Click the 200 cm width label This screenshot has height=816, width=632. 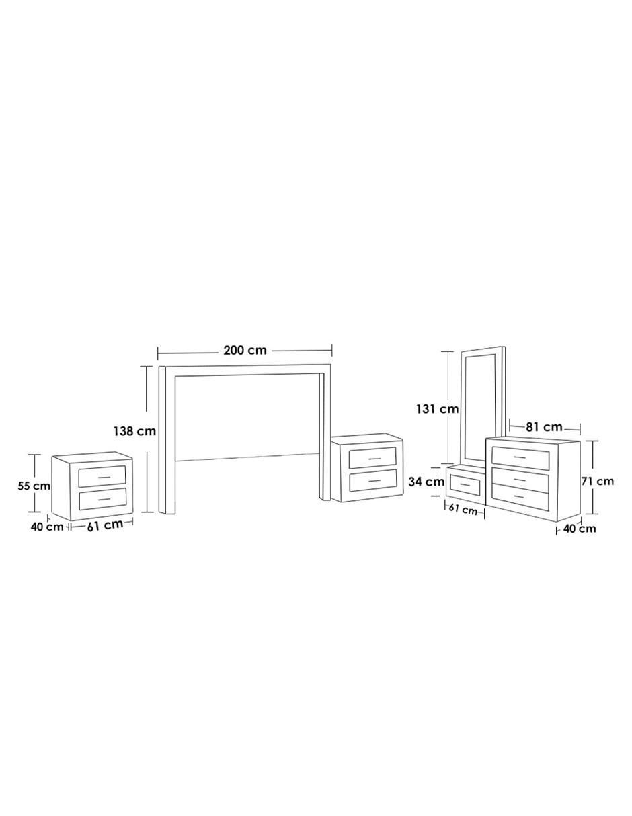(x=245, y=351)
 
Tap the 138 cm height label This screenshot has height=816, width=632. (x=134, y=431)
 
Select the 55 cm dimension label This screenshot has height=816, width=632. (x=34, y=486)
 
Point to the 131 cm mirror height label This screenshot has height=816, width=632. (x=438, y=409)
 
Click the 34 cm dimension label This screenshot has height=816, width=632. (x=426, y=482)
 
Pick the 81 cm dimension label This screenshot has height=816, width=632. (x=544, y=427)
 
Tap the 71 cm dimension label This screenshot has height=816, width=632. (x=598, y=481)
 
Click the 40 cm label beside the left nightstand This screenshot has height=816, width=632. (x=47, y=527)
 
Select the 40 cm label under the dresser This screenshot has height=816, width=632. (x=580, y=529)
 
